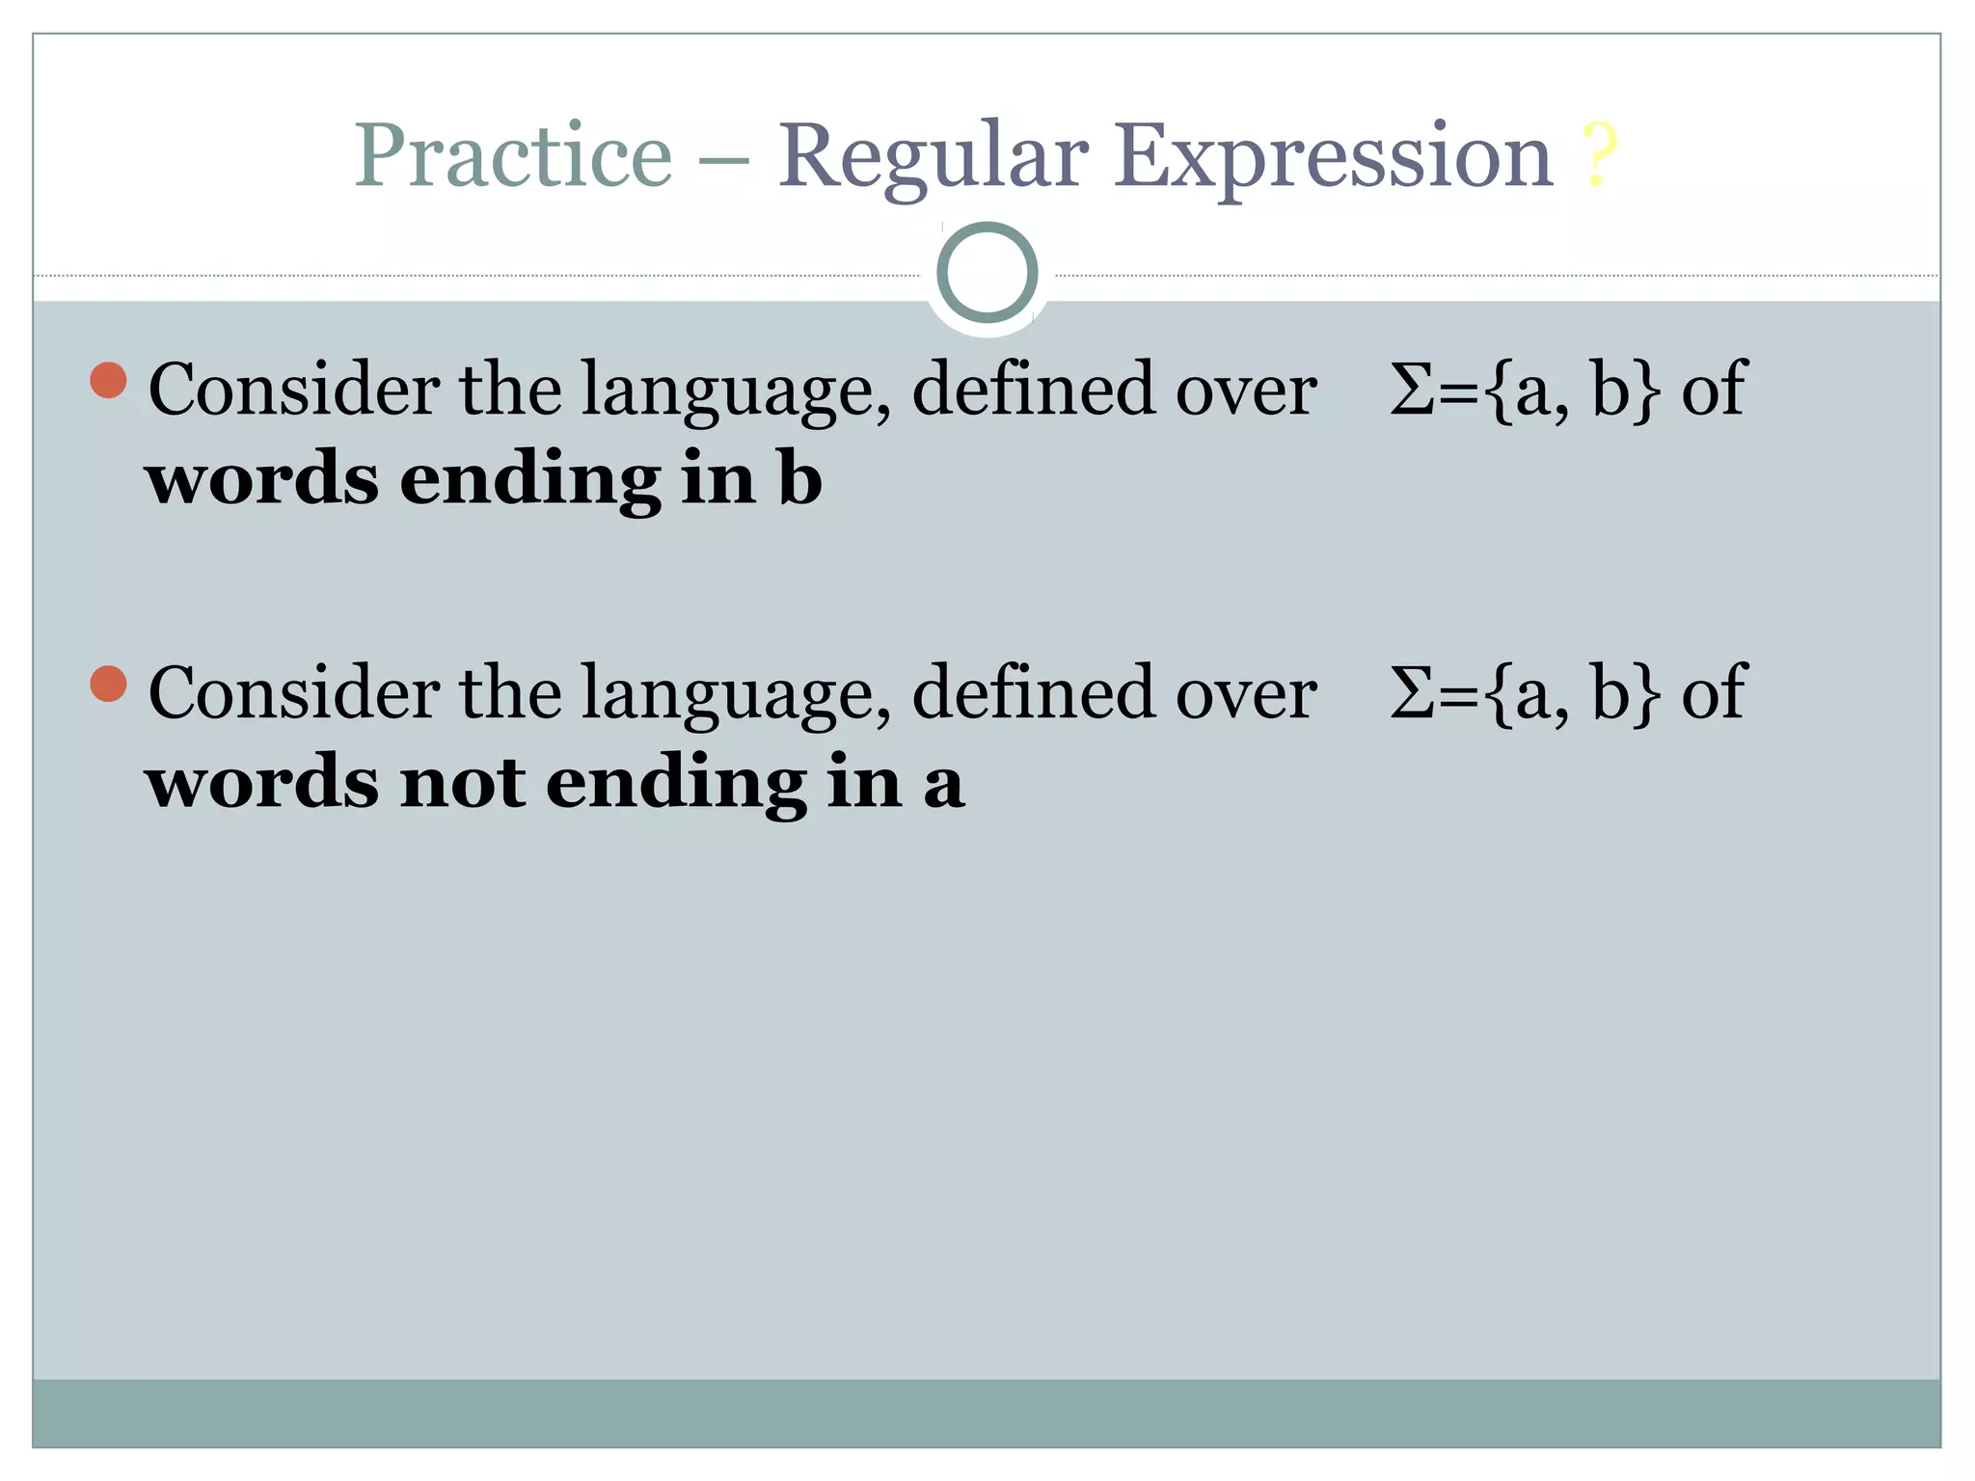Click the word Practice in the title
513,156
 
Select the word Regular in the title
933,158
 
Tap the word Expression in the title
1333,158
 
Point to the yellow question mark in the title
1598,156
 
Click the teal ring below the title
987,273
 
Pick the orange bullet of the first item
109,380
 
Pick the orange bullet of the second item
109,684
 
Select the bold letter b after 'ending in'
799,478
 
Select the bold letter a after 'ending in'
943,783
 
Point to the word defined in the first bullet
1033,389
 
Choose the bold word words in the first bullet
262,479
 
